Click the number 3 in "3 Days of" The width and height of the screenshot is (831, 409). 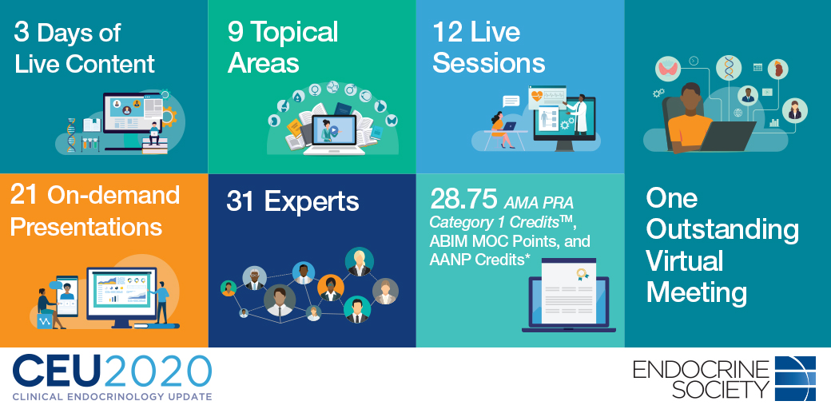22,32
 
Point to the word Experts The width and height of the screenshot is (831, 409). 311,202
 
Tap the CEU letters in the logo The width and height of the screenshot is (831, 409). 58,372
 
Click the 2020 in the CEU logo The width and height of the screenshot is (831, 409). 158,372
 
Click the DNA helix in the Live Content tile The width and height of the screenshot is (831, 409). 70,135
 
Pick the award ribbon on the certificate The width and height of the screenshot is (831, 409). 583,275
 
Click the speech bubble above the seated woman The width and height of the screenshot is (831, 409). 511,101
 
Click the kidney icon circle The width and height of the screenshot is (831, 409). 778,69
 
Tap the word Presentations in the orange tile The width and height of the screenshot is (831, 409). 85,228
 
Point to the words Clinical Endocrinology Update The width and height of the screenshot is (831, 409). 112,396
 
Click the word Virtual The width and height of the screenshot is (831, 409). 685,261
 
